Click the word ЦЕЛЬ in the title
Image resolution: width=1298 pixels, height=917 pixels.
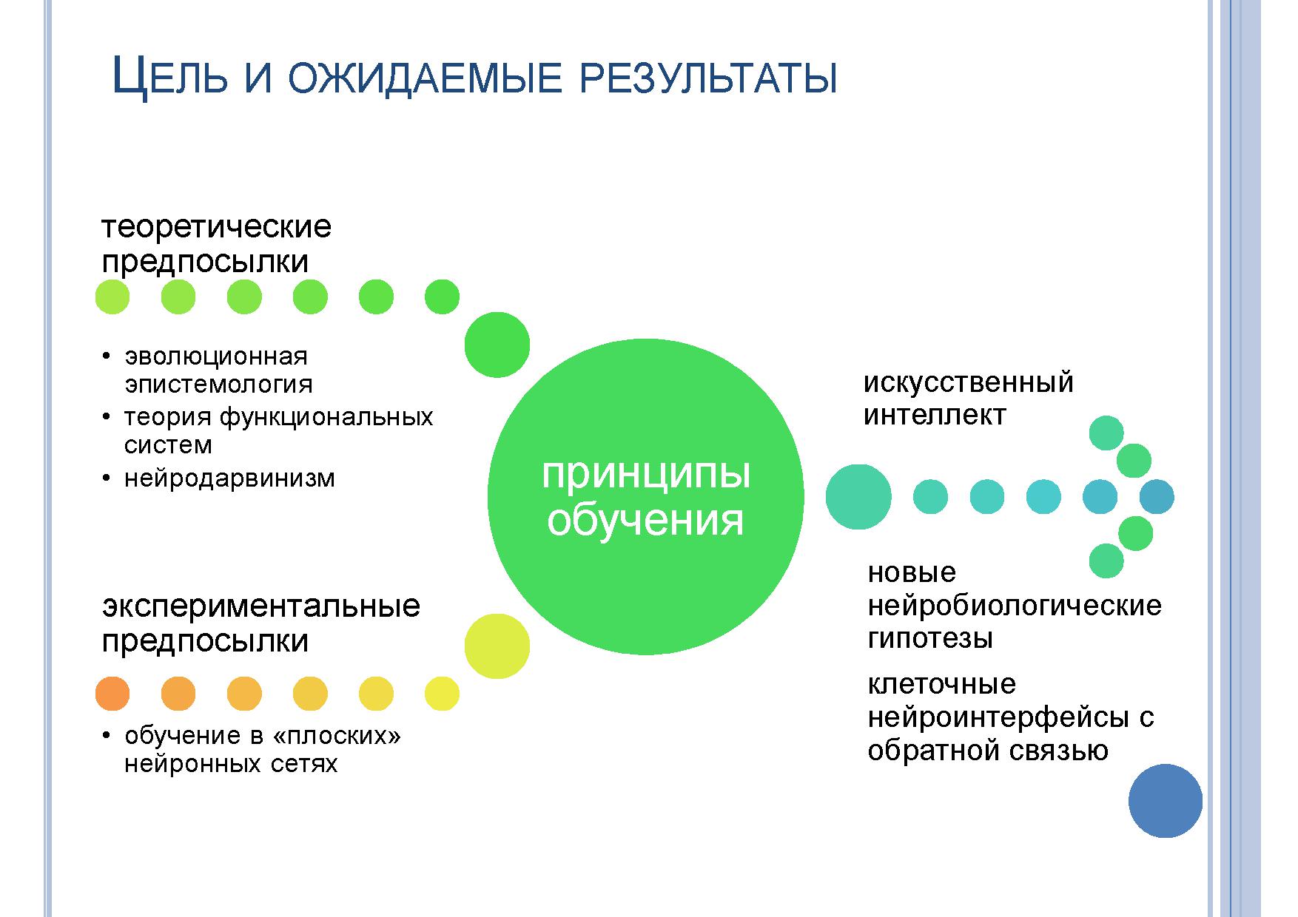(x=168, y=78)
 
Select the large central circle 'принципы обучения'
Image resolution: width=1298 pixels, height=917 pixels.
(x=645, y=497)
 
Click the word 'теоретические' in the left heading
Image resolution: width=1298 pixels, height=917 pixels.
(x=216, y=226)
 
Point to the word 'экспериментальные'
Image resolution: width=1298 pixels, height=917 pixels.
(x=260, y=607)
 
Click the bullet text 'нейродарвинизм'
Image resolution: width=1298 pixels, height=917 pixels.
(x=229, y=478)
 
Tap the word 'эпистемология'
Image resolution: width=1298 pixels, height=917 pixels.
(x=218, y=385)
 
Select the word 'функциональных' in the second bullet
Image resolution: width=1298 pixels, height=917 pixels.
(x=326, y=417)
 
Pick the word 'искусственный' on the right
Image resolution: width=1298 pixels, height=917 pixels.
(x=968, y=383)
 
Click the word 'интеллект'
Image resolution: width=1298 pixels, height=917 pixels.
(x=935, y=415)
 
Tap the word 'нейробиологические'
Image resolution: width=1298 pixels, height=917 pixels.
(x=1015, y=606)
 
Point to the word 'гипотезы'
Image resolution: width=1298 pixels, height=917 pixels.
(x=929, y=638)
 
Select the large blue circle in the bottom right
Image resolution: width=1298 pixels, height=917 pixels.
(x=1166, y=801)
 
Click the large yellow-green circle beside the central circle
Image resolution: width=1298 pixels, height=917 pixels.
(x=497, y=646)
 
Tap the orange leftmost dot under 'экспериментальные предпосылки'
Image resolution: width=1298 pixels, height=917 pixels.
(x=112, y=694)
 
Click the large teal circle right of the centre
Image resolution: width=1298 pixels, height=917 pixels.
(x=858, y=497)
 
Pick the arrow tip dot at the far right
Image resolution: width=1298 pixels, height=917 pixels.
(x=1157, y=497)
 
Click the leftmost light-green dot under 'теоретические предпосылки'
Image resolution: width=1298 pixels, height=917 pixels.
(x=112, y=297)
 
